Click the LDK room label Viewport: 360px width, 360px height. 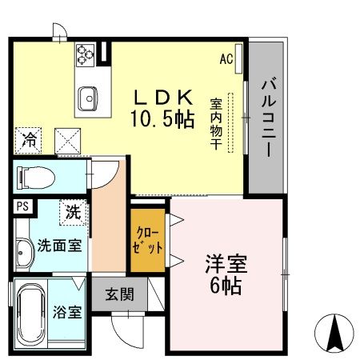[162, 97]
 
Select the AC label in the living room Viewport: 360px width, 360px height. [226, 58]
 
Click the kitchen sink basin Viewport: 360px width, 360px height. [87, 99]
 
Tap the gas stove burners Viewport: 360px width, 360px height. [86, 54]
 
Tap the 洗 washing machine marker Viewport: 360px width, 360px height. [74, 213]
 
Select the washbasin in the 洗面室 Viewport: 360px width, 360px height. [22, 254]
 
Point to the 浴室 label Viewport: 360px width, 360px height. [68, 312]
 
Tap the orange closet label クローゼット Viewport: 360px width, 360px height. [147, 240]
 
